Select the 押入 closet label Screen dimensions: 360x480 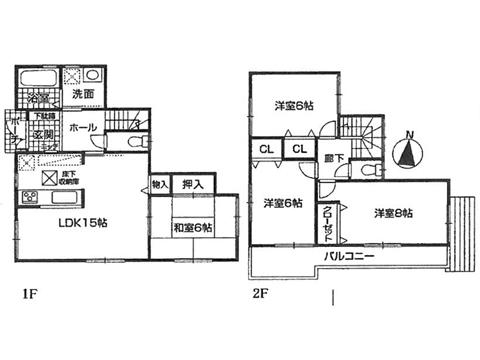194,185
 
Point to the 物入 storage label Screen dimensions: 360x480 159,185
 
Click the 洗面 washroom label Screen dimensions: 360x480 83,93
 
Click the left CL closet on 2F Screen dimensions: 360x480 266,150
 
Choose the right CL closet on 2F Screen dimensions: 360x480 298,150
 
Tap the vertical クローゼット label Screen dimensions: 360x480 330,225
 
